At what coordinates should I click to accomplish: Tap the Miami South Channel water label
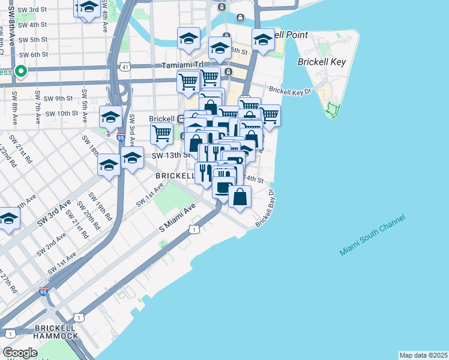[x=372, y=235]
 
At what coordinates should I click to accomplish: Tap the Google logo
[x=20, y=353]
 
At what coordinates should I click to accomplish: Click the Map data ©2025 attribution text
[x=423, y=355]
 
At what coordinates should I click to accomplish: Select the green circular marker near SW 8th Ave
[x=21, y=73]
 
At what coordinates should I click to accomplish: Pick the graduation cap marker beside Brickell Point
[x=263, y=40]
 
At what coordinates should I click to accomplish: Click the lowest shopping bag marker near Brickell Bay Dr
[x=240, y=197]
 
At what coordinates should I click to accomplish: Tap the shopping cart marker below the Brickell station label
[x=161, y=134]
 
